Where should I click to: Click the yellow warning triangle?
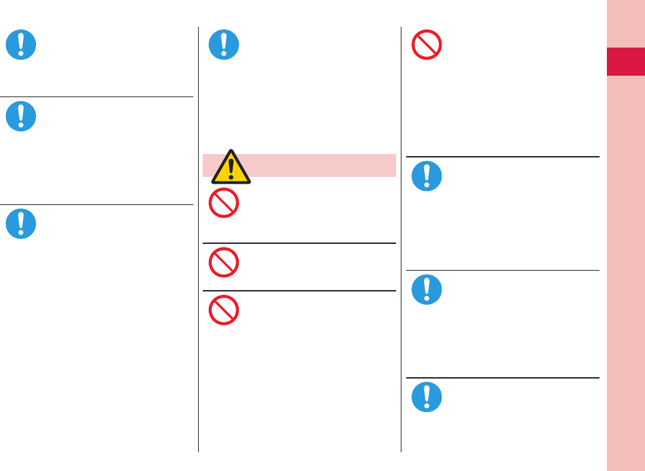point(231,167)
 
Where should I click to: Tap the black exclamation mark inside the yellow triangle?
point(231,170)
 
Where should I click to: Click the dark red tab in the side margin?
point(626,62)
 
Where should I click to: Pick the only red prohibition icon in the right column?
point(427,45)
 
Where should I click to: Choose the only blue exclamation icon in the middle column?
point(224,45)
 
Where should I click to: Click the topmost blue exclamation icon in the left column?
point(21,45)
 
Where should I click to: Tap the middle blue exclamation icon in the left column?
point(21,116)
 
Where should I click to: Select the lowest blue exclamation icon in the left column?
point(21,223)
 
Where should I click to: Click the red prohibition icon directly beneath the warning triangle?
point(224,203)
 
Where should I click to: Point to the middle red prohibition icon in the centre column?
point(224,263)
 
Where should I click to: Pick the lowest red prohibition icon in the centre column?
point(224,310)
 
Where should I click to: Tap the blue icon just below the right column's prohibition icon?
point(427,176)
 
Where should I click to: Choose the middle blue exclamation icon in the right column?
point(427,290)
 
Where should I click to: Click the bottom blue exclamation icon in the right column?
point(427,397)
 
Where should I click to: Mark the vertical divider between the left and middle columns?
point(199,241)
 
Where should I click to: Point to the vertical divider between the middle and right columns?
point(401,241)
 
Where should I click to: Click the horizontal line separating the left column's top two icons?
point(97,96)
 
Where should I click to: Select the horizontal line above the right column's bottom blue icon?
point(502,378)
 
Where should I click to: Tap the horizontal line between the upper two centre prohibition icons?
point(299,243)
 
